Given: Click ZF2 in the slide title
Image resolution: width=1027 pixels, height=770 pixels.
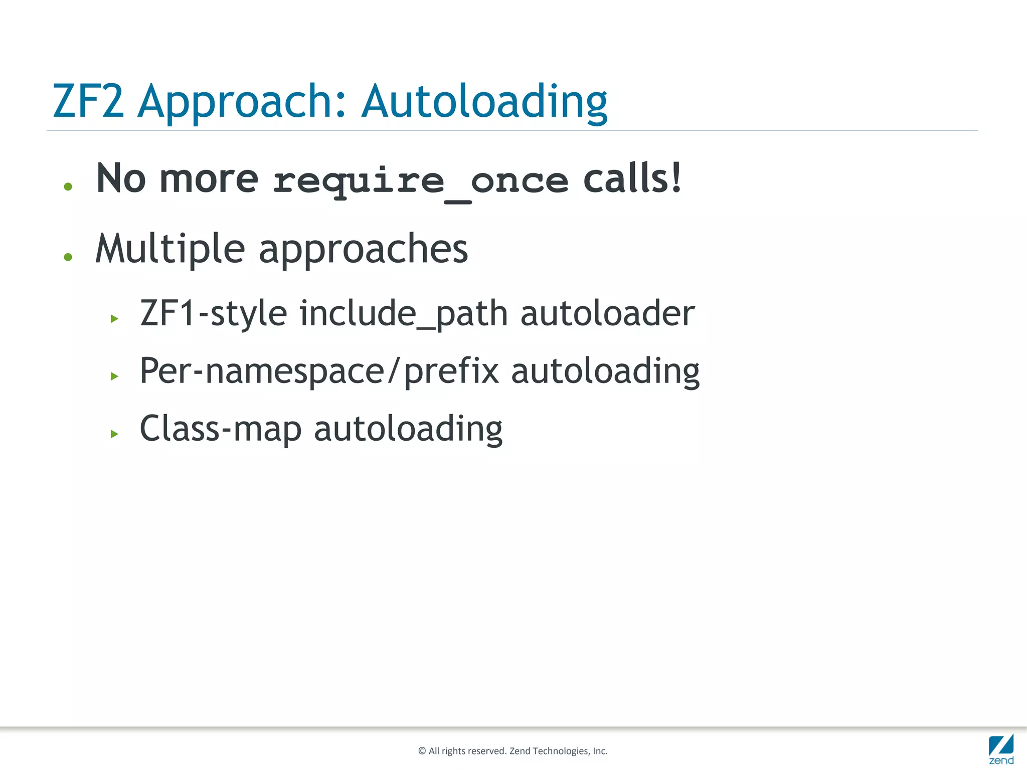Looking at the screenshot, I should point(88,102).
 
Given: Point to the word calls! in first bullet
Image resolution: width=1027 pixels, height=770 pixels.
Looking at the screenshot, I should point(632,178).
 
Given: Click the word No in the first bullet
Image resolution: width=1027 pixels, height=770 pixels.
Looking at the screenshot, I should point(121,178).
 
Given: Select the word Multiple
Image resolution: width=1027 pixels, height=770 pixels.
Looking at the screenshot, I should point(170,249).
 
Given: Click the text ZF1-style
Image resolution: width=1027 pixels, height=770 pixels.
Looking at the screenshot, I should point(214,313).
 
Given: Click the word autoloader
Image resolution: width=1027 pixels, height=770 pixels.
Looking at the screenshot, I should point(607,313).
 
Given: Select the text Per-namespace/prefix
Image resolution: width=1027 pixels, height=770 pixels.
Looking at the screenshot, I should point(319,371).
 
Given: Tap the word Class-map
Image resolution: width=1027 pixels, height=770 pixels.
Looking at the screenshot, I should point(221,429).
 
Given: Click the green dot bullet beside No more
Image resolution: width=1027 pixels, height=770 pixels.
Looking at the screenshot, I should point(68,187).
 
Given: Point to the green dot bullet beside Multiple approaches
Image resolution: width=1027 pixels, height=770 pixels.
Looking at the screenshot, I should point(68,257).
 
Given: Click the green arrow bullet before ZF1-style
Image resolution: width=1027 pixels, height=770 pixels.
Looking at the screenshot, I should point(114,318).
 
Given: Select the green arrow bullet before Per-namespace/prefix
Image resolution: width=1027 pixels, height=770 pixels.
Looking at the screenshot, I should point(114,376).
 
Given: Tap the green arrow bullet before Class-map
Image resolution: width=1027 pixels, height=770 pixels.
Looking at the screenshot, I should point(114,434).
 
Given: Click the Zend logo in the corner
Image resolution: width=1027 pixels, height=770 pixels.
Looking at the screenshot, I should point(1001,749).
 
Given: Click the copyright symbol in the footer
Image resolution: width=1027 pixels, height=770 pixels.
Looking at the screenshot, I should point(422,751).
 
